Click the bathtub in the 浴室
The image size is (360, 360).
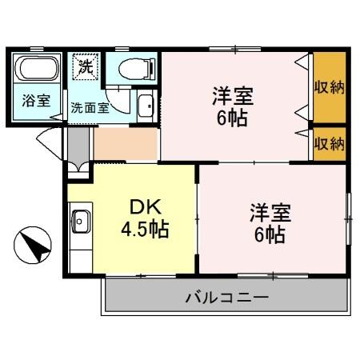pyautogui.click(x=37, y=68)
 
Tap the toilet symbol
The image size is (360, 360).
pyautogui.click(x=137, y=69)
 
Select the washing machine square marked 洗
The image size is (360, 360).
pyautogui.click(x=86, y=67)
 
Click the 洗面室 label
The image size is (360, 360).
pyautogui.click(x=90, y=108)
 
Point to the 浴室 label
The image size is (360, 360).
pyautogui.click(x=36, y=101)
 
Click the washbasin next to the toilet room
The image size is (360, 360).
pyautogui.click(x=146, y=106)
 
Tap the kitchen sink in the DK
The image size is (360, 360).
pyautogui.click(x=81, y=222)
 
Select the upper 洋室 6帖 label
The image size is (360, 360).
pyautogui.click(x=233, y=106)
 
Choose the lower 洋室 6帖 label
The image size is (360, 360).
pyautogui.click(x=270, y=223)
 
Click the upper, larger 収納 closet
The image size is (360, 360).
pyautogui.click(x=330, y=87)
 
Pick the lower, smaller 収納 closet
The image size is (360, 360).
pyautogui.click(x=330, y=144)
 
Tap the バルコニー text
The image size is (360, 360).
pyautogui.click(x=227, y=297)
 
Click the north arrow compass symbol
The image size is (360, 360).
pyautogui.click(x=32, y=245)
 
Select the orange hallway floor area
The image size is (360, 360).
pyautogui.click(x=126, y=144)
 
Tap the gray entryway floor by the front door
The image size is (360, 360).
pyautogui.click(x=78, y=147)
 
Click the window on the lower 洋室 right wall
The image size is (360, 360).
pyautogui.click(x=348, y=219)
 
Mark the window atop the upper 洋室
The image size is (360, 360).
pyautogui.click(x=235, y=49)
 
